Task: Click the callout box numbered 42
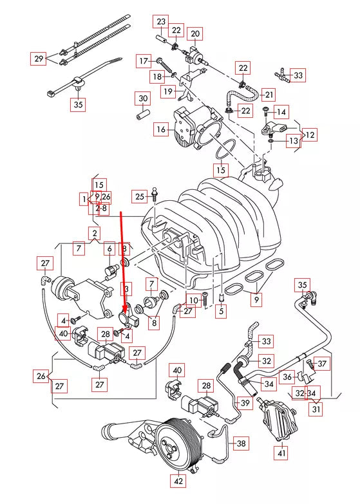point(178,480)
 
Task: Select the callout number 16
point(160,129)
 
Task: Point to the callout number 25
point(140,196)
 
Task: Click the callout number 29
point(38,59)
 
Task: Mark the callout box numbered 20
point(195,33)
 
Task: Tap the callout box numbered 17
point(144,61)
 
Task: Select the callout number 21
point(269,95)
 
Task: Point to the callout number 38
point(240,443)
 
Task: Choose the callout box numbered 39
point(244,404)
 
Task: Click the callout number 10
point(193,299)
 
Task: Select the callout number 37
point(322,364)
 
